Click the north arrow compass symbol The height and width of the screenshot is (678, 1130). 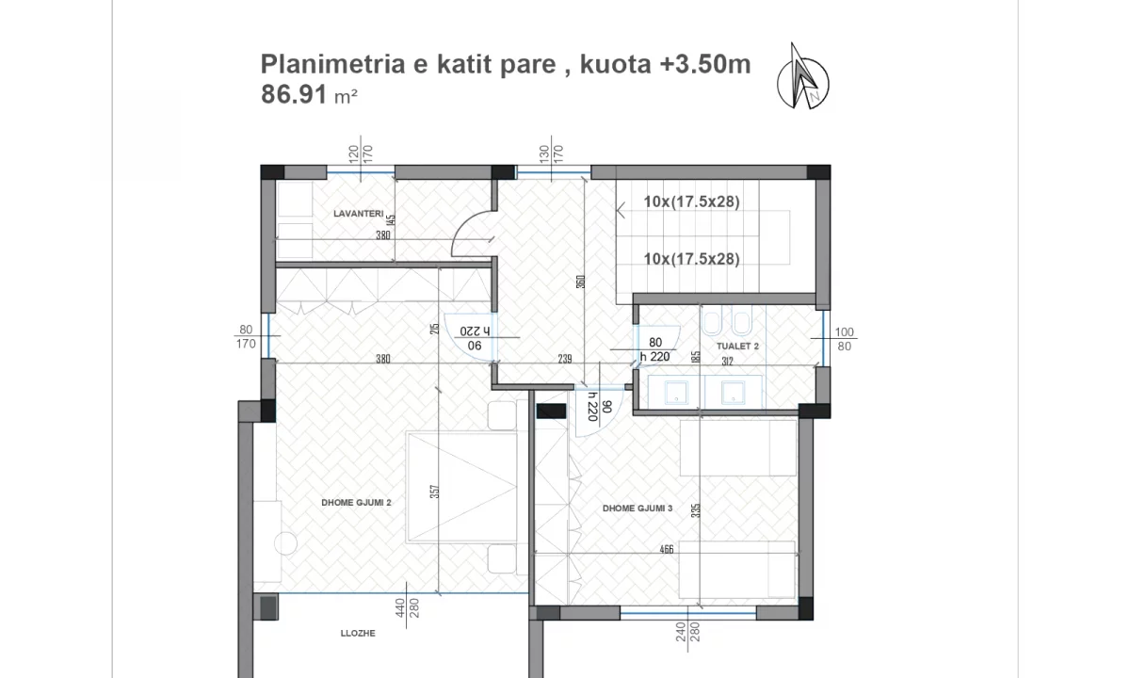(803, 76)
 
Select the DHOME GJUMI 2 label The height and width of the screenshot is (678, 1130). (356, 503)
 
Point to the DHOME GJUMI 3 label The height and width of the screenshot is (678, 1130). (638, 508)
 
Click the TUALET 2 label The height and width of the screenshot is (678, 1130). (737, 347)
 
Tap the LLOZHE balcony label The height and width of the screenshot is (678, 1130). (358, 634)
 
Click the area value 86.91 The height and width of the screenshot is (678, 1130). (294, 94)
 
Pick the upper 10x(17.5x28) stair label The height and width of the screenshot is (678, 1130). (691, 202)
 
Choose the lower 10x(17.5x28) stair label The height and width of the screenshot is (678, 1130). (691, 259)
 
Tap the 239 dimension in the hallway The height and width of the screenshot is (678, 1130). (565, 358)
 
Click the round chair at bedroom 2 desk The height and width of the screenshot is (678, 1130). (285, 543)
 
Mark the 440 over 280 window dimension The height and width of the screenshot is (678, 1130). (406, 612)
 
